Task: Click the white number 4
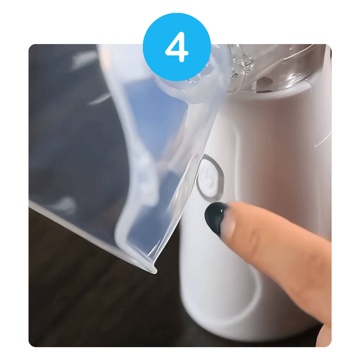(177, 47)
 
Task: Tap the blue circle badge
(177, 47)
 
